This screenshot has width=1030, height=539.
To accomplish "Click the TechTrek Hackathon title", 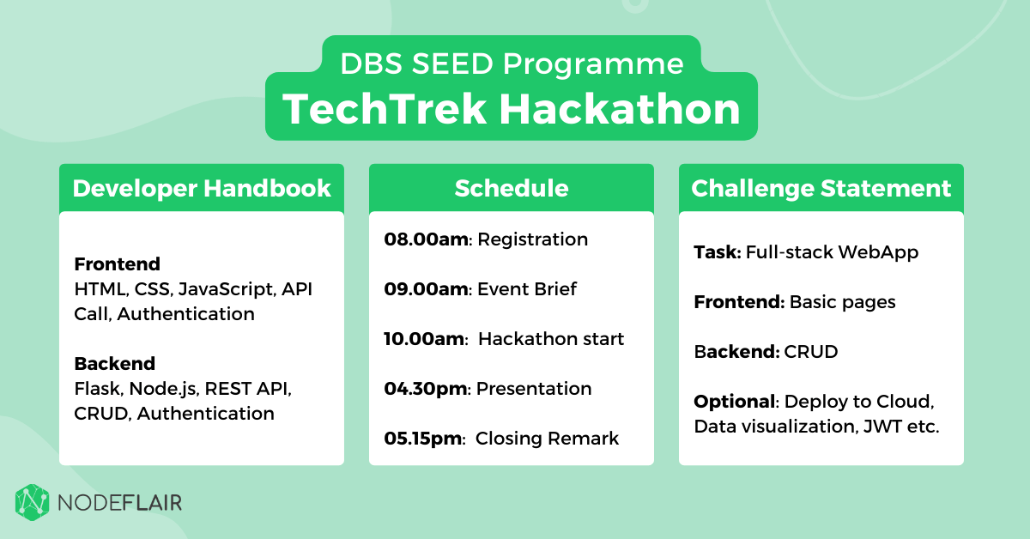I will coord(511,109).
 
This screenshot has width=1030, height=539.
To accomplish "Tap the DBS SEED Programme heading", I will coord(512,64).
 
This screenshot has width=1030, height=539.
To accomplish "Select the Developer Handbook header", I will coord(202,189).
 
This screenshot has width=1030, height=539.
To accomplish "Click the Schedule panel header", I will coord(512,189).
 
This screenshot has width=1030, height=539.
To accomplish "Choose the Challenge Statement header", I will coord(821,189).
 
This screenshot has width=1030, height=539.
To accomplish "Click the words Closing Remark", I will coord(547,439).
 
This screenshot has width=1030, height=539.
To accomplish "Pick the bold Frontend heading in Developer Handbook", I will coord(118,264).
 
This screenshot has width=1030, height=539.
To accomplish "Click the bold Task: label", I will coord(718,252).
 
